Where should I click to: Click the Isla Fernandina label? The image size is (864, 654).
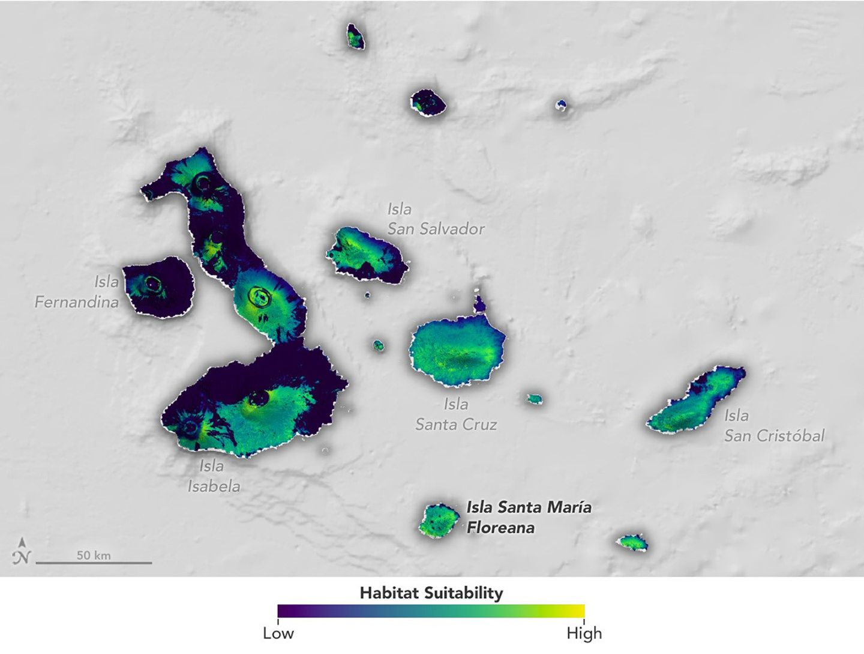(77, 292)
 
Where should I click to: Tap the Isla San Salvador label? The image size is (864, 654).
(436, 219)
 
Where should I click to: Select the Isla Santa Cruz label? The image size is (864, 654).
(456, 414)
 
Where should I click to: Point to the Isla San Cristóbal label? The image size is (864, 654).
(774, 426)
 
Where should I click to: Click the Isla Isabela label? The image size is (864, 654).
(214, 476)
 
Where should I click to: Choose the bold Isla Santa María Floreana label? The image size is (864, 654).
(529, 518)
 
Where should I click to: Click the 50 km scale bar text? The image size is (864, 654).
(94, 556)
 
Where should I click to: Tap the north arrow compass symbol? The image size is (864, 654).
(22, 551)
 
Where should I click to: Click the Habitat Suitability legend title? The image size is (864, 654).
(431, 593)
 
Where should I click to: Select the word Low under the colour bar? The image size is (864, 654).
(278, 634)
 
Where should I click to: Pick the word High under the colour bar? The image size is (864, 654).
(584, 634)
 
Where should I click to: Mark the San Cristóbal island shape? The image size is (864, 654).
(696, 401)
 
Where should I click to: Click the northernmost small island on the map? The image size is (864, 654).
(355, 37)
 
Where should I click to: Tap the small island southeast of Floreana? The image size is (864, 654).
(632, 543)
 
